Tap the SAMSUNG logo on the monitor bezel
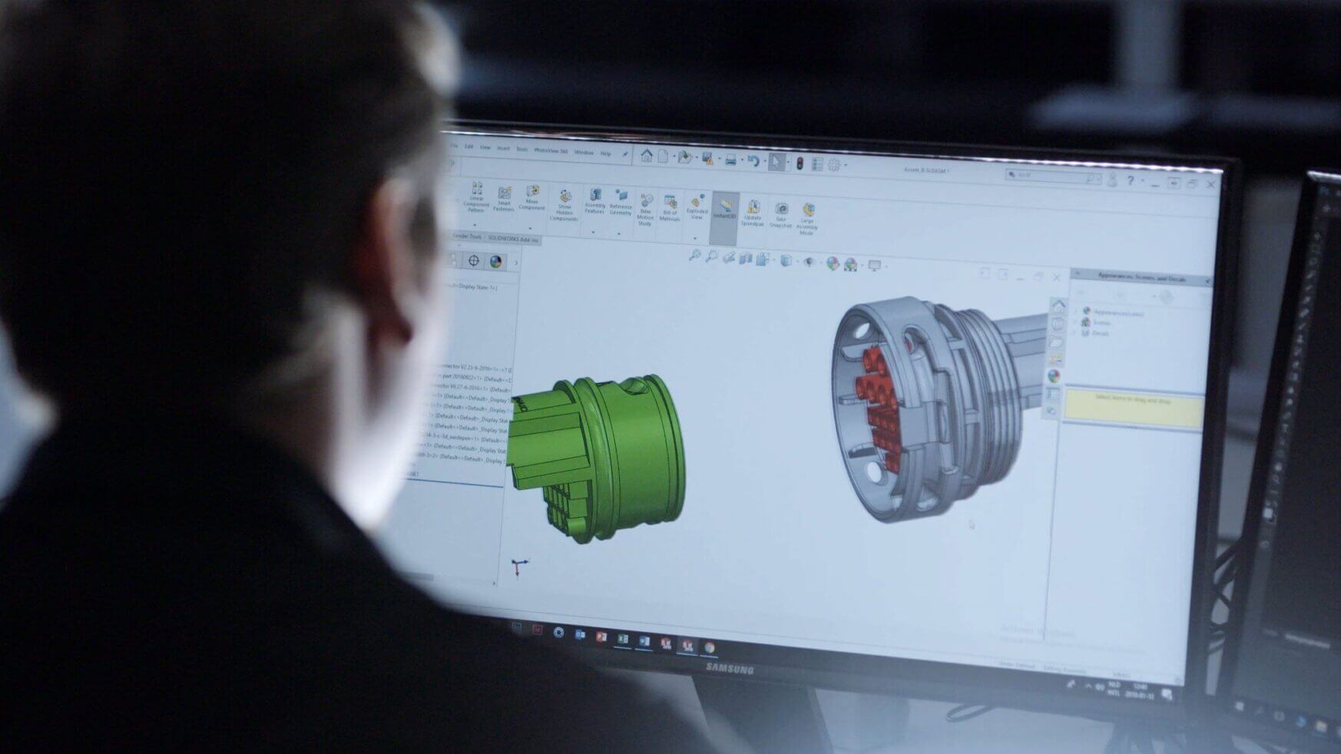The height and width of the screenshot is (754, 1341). tap(729, 670)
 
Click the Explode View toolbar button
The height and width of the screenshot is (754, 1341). tap(697, 207)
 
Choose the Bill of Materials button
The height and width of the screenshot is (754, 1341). tap(670, 207)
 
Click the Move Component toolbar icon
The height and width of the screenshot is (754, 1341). tap(531, 197)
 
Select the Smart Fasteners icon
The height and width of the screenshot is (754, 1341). tap(504, 199)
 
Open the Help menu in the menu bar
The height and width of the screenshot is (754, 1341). tap(605, 154)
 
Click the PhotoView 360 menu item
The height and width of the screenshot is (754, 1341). tap(551, 151)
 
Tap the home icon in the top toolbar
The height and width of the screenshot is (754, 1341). tap(647, 156)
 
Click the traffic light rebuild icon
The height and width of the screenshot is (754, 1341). tap(800, 164)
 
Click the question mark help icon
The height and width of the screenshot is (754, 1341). tap(1130, 181)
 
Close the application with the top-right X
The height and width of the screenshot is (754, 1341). tap(1211, 184)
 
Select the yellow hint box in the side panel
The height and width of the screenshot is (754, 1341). tap(1132, 408)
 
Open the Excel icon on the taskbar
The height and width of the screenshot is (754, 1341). tap(623, 639)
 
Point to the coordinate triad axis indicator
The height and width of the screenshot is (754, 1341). tap(519, 568)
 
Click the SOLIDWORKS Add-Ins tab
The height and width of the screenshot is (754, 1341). tap(513, 240)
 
